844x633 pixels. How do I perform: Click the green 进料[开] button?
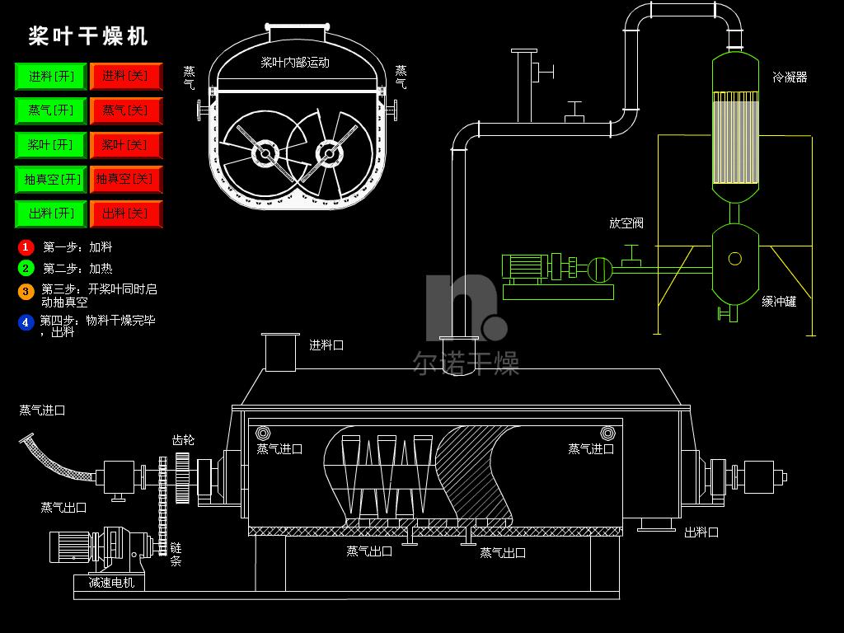tap(50, 76)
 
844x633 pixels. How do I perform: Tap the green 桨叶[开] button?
tap(50, 145)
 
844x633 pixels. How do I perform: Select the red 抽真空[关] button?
tap(126, 179)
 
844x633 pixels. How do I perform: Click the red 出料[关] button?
tap(126, 213)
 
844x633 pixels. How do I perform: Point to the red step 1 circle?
tap(26, 247)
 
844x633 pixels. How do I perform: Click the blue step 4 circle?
tap(26, 322)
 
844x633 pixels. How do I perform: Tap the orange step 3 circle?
tap(26, 291)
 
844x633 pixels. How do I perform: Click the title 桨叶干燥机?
tap(88, 36)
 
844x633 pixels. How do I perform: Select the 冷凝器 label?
tap(790, 77)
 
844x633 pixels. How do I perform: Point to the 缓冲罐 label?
tap(779, 302)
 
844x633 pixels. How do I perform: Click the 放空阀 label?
tap(626, 223)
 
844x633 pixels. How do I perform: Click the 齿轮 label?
tap(183, 440)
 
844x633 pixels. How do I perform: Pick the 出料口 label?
tap(701, 532)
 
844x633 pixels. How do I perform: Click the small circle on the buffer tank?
tap(734, 259)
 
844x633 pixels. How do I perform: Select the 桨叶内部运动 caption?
tap(295, 63)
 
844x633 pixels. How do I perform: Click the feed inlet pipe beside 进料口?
tap(280, 352)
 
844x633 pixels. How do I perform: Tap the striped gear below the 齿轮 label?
tap(182, 477)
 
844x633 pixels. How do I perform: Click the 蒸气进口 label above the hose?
tap(42, 410)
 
